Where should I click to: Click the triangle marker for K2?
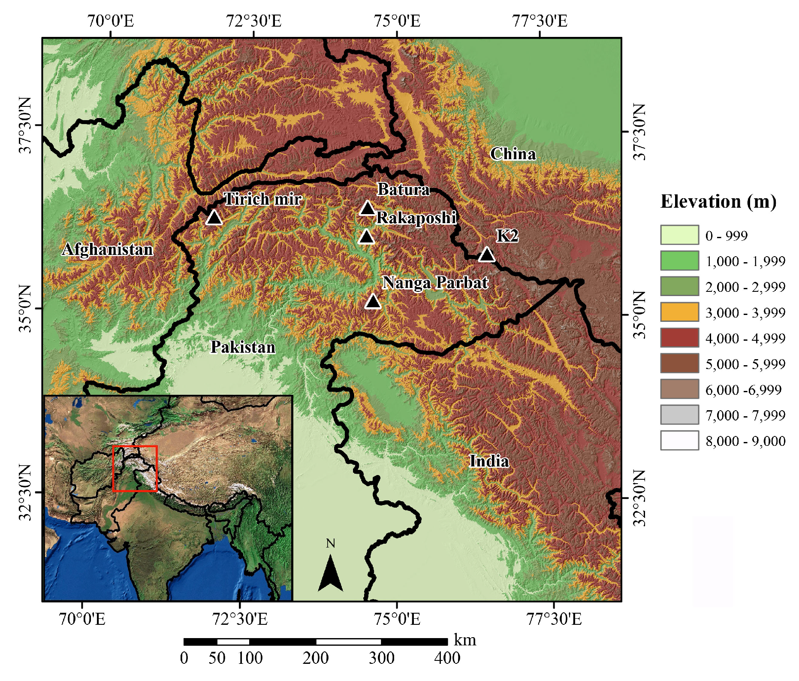coord(486,255)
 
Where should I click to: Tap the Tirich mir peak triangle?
coord(214,218)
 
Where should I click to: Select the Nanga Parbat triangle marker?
coord(373,302)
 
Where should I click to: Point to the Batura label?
coord(403,190)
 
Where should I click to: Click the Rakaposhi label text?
coord(416,218)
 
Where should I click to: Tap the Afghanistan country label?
coord(108,249)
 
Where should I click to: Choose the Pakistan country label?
coord(243,347)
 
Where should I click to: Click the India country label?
coord(489,461)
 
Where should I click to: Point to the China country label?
coord(513,154)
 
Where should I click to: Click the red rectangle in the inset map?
coord(135,469)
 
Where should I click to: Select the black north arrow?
coord(330,573)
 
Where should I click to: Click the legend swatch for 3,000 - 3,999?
coord(679,312)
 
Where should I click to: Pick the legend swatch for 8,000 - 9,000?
coord(679,440)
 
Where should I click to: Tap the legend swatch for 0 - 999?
coord(679,235)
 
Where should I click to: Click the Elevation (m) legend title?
coord(718,202)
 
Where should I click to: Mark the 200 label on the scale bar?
coord(316,658)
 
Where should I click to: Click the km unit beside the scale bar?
coord(465,640)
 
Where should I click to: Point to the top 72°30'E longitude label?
coord(253,21)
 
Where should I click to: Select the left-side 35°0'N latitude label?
coord(26,309)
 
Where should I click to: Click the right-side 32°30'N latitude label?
coord(639,498)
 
